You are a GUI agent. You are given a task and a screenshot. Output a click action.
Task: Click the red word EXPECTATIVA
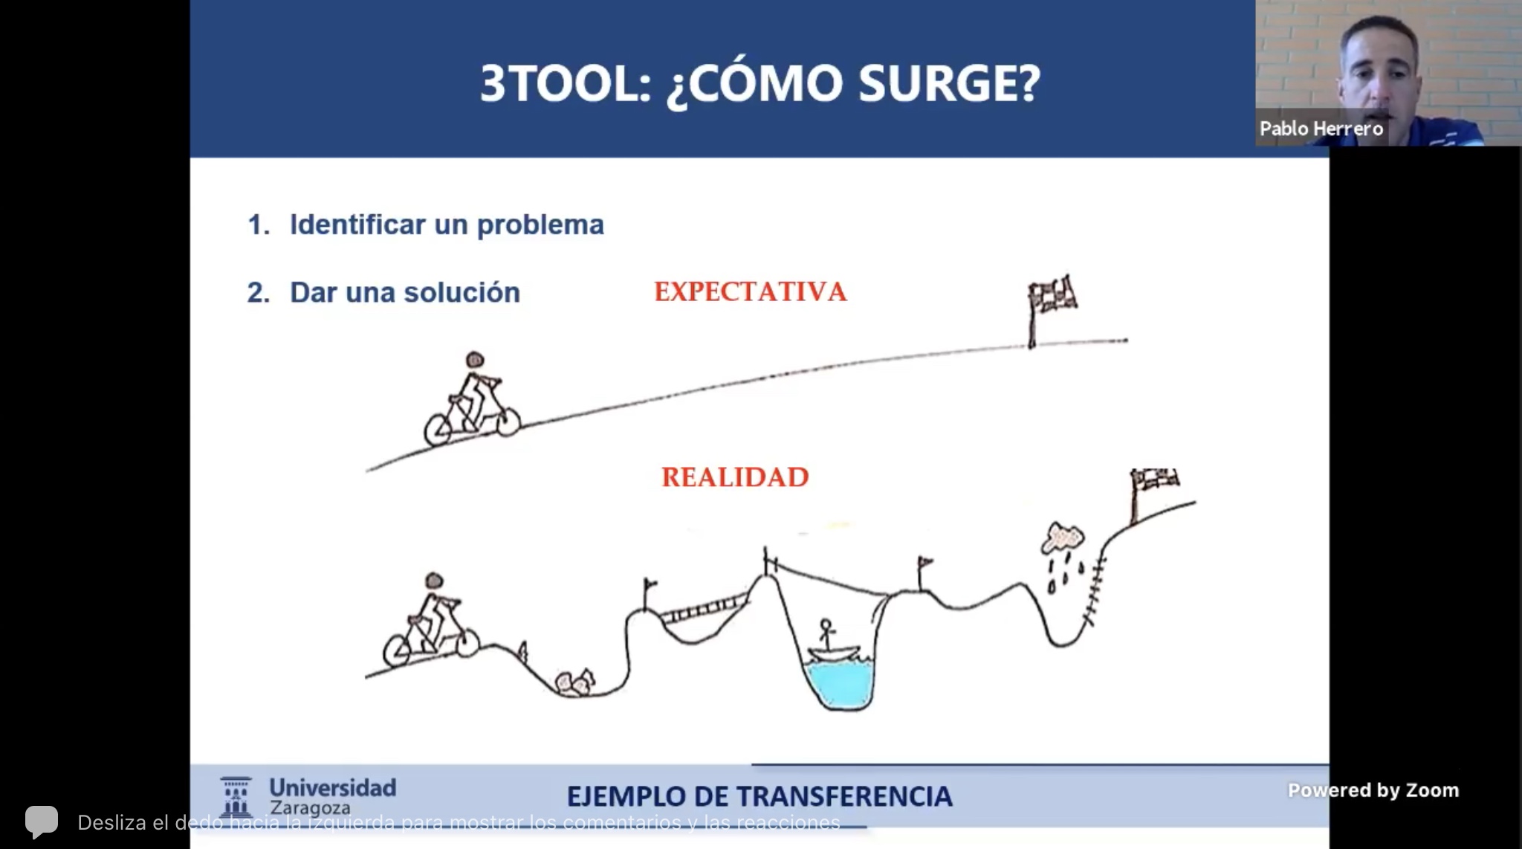tap(751, 291)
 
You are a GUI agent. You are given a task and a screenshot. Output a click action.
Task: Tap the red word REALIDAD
tap(735, 477)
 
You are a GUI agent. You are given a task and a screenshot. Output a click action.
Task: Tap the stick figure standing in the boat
tap(825, 633)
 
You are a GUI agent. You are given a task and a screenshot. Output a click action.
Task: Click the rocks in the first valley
tap(574, 682)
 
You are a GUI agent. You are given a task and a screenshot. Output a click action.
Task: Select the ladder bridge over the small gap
tap(703, 610)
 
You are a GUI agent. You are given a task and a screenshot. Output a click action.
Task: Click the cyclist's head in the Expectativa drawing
tap(475, 361)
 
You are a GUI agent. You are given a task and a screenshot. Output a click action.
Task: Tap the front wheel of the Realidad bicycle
tap(466, 642)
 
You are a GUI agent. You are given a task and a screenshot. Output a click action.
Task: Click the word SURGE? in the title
tap(950, 83)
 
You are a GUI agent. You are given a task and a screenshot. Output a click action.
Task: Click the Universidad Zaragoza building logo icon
tap(236, 797)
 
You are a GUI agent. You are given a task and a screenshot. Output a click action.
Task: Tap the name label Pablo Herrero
tap(1321, 129)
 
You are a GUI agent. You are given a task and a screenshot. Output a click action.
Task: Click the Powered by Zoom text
tap(1373, 790)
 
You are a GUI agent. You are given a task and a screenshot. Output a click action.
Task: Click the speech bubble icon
tap(42, 821)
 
